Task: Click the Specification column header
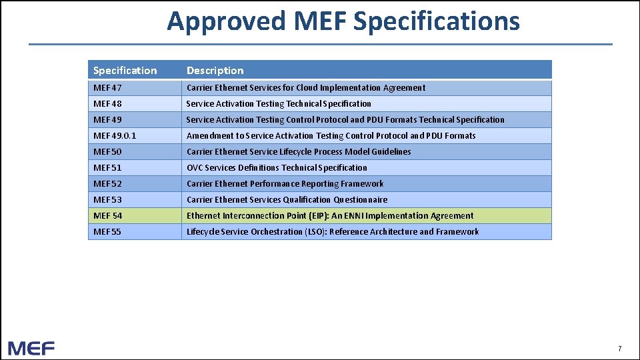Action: [x=125, y=71]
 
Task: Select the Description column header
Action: [x=215, y=71]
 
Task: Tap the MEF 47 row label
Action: [x=108, y=88]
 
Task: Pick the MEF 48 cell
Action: [x=108, y=104]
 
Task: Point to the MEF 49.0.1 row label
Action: [x=115, y=136]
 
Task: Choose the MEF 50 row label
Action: [x=108, y=152]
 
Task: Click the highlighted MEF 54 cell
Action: [x=108, y=216]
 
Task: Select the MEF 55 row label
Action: [x=108, y=232]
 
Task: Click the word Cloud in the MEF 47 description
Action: [x=306, y=88]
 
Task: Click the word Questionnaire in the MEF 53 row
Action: [x=360, y=200]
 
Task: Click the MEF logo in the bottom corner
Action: [x=31, y=347]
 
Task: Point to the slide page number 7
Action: [x=620, y=349]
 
